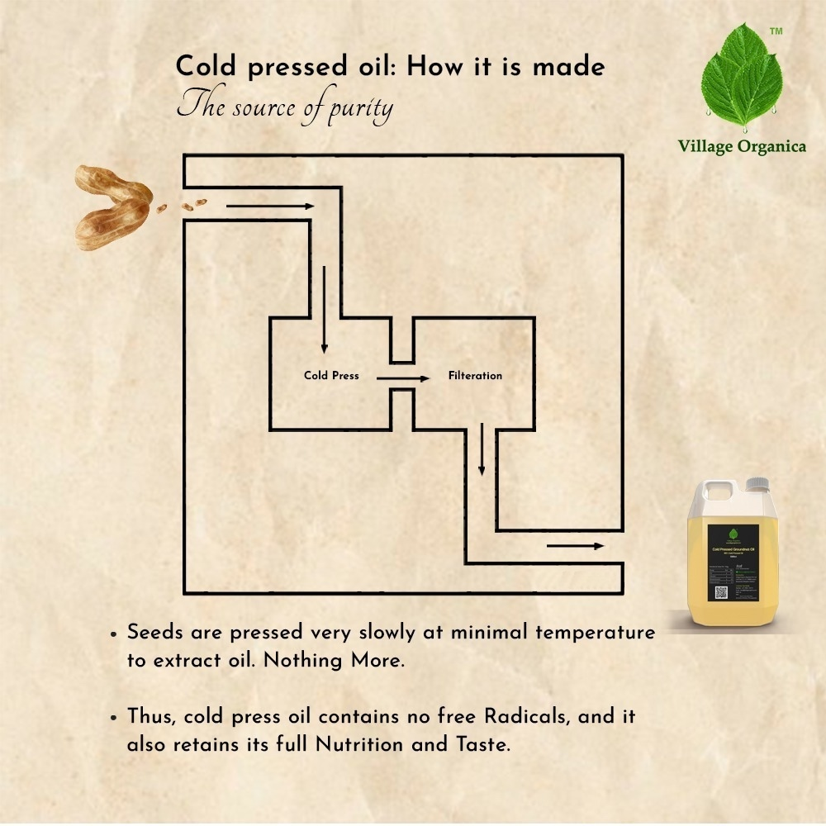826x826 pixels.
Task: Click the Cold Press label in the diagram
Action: click(x=331, y=376)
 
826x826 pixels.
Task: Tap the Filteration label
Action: click(x=475, y=376)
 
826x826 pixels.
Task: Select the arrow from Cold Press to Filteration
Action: click(x=403, y=378)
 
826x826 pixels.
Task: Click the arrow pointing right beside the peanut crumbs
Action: click(x=270, y=206)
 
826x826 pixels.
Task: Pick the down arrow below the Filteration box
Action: click(x=481, y=450)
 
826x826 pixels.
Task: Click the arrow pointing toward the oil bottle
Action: click(x=575, y=545)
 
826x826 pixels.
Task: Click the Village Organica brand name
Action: click(x=742, y=147)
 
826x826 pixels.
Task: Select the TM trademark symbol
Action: click(x=776, y=31)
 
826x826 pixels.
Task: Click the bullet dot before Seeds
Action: click(x=113, y=634)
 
